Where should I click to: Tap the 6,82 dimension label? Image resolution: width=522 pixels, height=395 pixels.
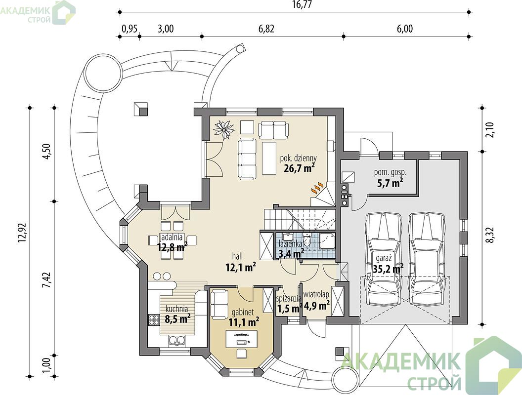[x=266, y=29]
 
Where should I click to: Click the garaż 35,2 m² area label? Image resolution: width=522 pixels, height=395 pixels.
[x=385, y=264]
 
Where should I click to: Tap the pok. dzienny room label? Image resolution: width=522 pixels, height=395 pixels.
[x=298, y=158]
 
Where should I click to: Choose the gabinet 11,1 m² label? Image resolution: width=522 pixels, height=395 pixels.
[x=243, y=317]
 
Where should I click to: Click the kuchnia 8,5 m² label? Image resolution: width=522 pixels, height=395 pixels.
[x=177, y=314]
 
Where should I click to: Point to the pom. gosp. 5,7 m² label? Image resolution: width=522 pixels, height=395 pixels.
[x=390, y=177]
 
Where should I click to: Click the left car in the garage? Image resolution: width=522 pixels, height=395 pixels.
[x=383, y=259]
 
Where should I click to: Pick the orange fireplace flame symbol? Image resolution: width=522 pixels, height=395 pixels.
[x=317, y=188]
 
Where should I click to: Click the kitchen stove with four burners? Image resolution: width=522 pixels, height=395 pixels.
[x=153, y=319]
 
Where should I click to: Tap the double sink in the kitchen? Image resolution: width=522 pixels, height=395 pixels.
[x=177, y=341]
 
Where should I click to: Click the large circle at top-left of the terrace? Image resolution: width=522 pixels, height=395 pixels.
[x=102, y=71]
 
